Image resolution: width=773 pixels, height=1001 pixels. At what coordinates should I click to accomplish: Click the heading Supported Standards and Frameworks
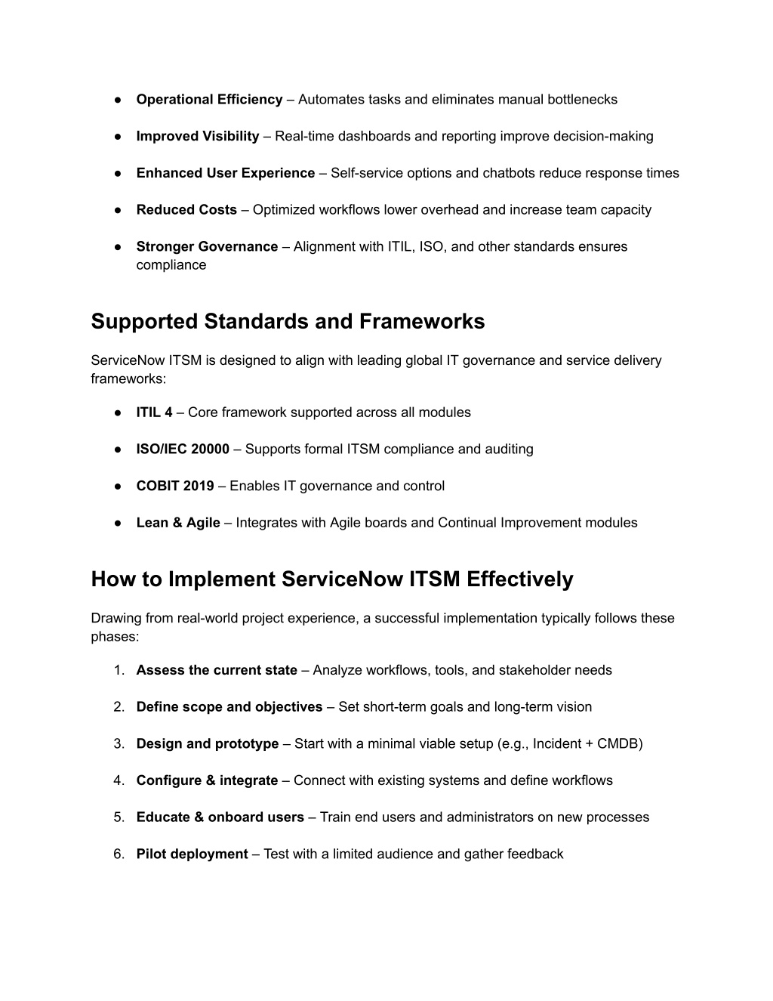(288, 322)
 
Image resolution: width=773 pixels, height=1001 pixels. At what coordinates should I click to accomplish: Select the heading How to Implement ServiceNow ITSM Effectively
(332, 579)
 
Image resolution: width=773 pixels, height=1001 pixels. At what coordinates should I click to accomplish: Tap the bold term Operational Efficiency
(209, 100)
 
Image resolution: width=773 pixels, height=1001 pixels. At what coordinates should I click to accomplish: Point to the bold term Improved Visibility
(198, 137)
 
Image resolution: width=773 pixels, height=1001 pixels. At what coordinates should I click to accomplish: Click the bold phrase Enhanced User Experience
(226, 173)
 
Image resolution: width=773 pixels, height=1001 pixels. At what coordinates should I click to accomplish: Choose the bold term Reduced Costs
(186, 210)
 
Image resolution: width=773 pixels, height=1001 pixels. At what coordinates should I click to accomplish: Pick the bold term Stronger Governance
(207, 247)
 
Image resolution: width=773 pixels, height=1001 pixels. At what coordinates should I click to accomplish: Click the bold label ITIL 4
(154, 412)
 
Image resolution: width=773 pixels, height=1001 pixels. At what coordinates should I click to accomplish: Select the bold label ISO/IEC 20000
(183, 450)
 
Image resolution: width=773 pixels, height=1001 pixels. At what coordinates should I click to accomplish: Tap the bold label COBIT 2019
(175, 486)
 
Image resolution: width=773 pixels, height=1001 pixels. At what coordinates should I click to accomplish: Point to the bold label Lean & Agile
(178, 523)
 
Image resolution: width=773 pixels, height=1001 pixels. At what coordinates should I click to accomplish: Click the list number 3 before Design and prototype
(119, 744)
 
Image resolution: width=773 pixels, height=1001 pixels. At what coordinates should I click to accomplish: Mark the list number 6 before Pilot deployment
(119, 854)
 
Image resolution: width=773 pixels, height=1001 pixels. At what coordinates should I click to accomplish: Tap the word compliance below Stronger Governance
(171, 265)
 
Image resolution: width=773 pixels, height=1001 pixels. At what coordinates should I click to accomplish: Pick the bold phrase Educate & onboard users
(220, 817)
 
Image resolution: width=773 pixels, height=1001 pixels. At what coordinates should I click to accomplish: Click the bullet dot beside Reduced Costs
(119, 210)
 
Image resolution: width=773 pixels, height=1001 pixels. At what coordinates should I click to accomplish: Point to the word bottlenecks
(582, 100)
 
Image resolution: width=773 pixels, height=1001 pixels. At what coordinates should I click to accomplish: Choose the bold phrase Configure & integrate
(207, 780)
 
